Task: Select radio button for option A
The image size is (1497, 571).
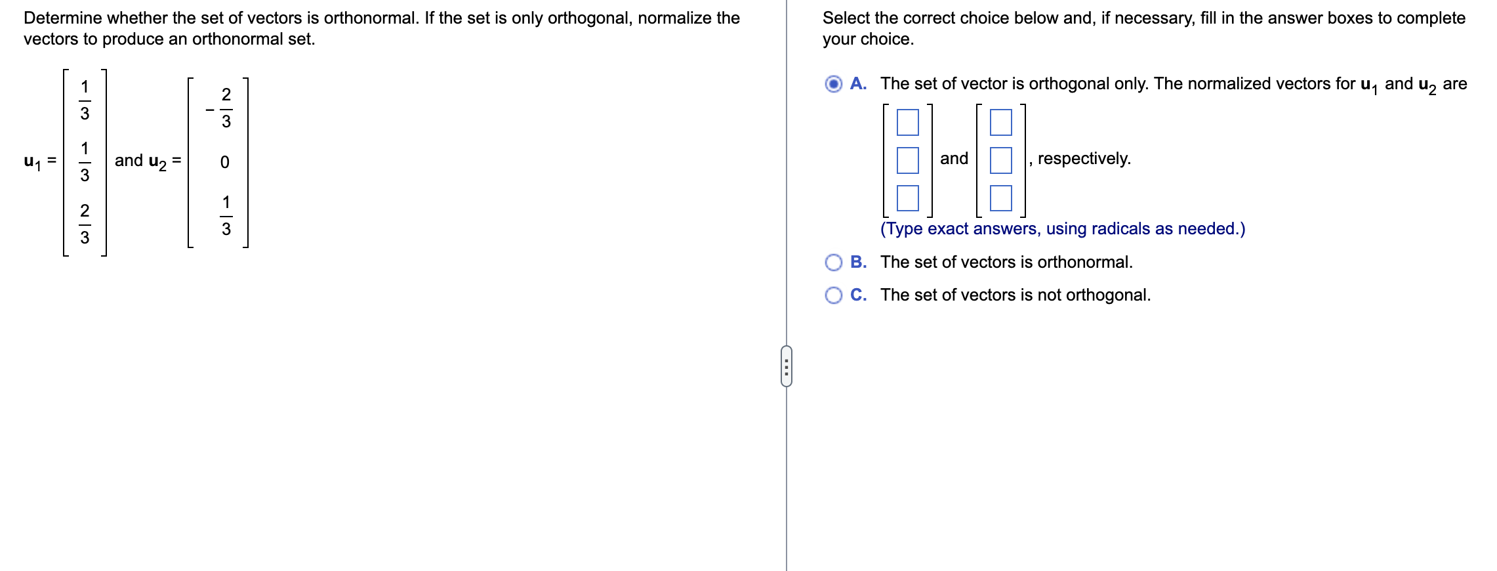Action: [x=833, y=84]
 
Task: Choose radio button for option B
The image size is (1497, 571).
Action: [x=833, y=263]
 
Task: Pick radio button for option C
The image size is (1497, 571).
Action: [x=833, y=295]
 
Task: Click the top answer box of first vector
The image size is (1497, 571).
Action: [x=907, y=122]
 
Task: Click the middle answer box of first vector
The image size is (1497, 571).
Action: [x=907, y=160]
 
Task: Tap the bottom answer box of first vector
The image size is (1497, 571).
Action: [x=907, y=198]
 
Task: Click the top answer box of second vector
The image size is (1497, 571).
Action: [x=1000, y=122]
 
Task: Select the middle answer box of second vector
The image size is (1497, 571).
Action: [x=1000, y=160]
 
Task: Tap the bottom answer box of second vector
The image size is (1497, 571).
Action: [x=1000, y=198]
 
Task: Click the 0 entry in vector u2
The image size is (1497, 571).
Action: [x=224, y=162]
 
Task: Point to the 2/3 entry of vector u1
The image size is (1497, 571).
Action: [x=85, y=224]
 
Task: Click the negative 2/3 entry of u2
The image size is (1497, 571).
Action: [x=222, y=108]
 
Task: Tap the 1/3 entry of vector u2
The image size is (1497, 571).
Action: [x=226, y=215]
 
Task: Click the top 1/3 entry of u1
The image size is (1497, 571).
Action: [x=85, y=100]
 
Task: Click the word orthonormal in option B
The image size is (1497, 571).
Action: [x=1084, y=263]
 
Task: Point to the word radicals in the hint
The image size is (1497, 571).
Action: [x=1120, y=229]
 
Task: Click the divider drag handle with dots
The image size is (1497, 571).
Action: [x=787, y=366]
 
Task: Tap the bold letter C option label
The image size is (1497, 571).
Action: [x=857, y=295]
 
